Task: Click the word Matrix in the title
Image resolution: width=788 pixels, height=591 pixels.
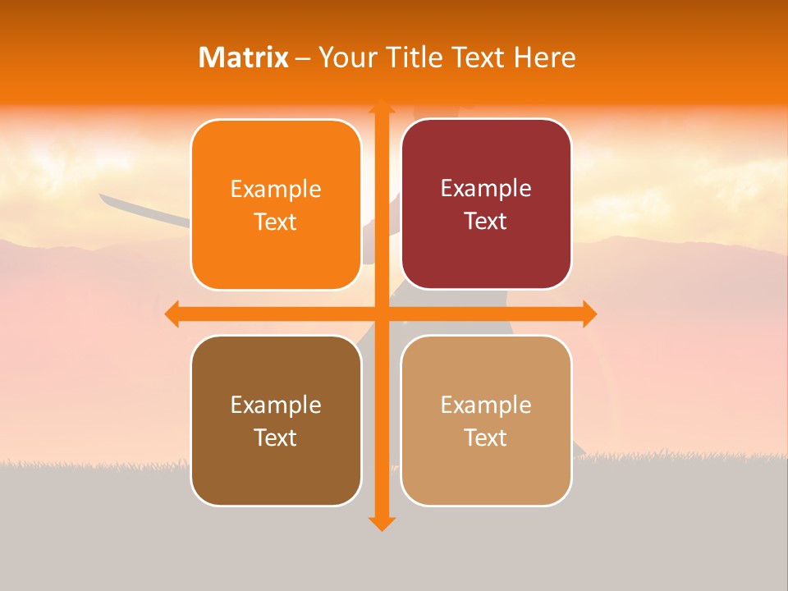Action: click(244, 57)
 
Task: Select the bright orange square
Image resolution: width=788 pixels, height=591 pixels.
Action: click(276, 204)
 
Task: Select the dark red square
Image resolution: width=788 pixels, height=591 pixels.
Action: click(486, 204)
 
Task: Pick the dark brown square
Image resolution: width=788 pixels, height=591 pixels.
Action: click(276, 420)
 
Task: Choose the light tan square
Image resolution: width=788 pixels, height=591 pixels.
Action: click(486, 420)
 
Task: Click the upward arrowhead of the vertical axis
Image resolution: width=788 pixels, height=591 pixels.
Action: click(381, 107)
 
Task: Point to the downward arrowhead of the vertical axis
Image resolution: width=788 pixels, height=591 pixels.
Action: click(381, 523)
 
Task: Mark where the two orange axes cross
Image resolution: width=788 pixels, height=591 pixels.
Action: click(381, 314)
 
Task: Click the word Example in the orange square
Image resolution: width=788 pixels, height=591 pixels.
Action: click(276, 190)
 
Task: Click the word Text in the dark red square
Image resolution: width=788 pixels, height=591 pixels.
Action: click(486, 222)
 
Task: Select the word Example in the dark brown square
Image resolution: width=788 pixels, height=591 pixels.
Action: click(276, 405)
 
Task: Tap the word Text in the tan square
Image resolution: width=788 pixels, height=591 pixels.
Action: click(486, 438)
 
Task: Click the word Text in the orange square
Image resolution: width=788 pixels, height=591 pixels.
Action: click(276, 222)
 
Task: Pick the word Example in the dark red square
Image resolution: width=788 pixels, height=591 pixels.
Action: click(486, 189)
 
